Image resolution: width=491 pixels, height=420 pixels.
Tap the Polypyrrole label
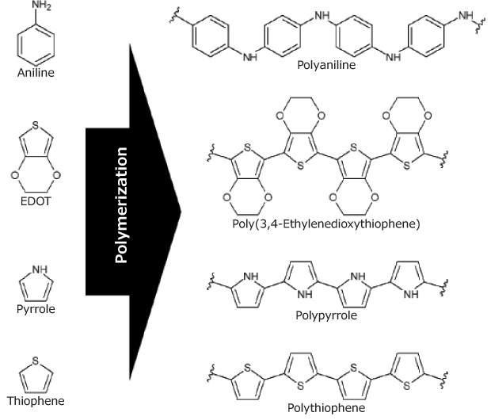point(327,315)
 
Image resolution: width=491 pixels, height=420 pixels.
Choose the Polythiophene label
point(327,407)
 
